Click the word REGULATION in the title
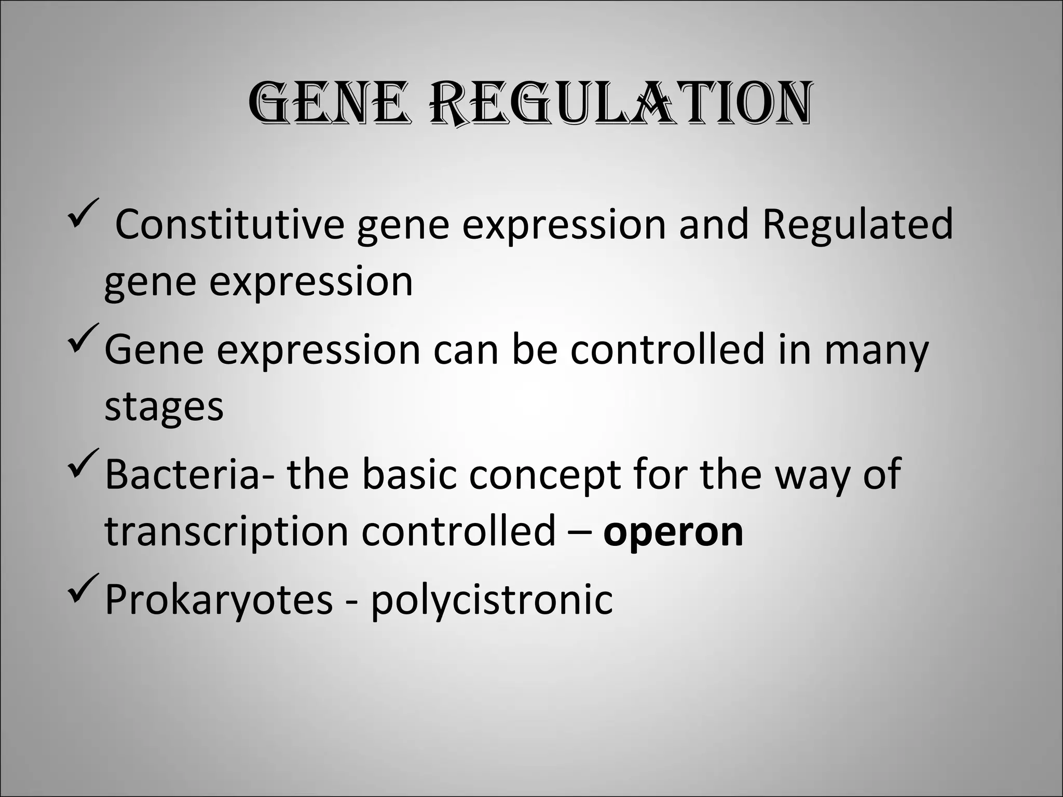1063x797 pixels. (x=621, y=103)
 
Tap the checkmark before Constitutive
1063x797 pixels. (x=83, y=213)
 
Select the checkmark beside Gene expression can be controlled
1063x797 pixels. (x=83, y=337)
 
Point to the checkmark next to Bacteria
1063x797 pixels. (x=83, y=463)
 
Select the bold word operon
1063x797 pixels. (x=673, y=531)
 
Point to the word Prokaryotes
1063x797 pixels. (x=219, y=600)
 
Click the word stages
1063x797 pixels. (x=164, y=407)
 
